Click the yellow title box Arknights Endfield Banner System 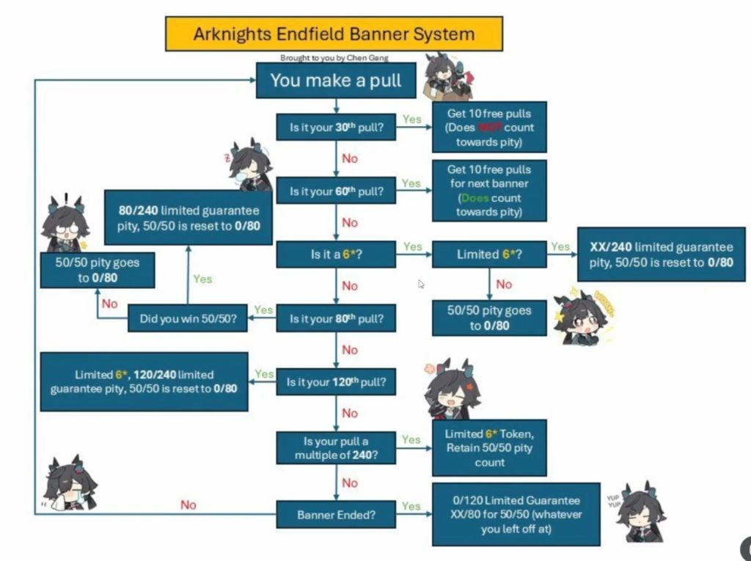pos(334,34)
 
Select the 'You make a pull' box pos(335,80)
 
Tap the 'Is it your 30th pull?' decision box pos(336,128)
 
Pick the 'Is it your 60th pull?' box pos(336,191)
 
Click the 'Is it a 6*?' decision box pos(336,254)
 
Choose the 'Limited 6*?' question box pos(489,254)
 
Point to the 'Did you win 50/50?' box pos(188,319)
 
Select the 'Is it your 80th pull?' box pos(336,319)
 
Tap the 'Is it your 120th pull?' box pos(336,382)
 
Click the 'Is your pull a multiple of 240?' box pos(336,448)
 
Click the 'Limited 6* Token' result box pos(489,448)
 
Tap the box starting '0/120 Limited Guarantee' pos(516,514)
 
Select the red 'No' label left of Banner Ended pos(188,505)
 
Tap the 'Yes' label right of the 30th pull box pos(412,119)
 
